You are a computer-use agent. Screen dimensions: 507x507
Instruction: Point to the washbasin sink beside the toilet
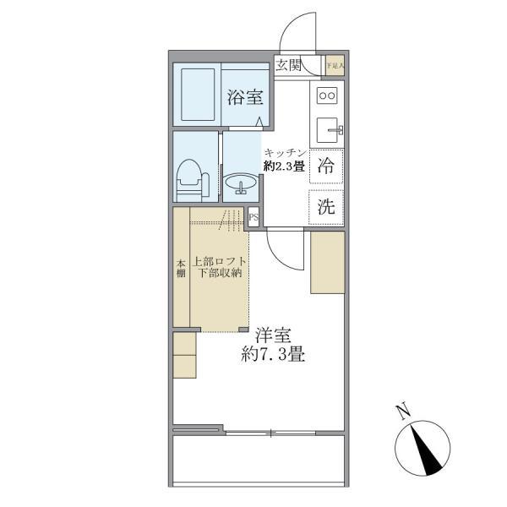point(240,183)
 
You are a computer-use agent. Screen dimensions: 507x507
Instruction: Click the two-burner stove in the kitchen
point(326,95)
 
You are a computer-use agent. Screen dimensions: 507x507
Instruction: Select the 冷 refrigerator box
point(325,166)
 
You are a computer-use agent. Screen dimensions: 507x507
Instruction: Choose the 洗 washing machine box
point(325,206)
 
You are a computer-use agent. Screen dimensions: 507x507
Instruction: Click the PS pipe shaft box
point(253,218)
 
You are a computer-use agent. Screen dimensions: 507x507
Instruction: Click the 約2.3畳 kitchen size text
point(283,166)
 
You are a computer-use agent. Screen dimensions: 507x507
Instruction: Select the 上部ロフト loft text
point(220,261)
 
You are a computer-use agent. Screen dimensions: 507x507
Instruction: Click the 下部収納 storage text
point(220,274)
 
